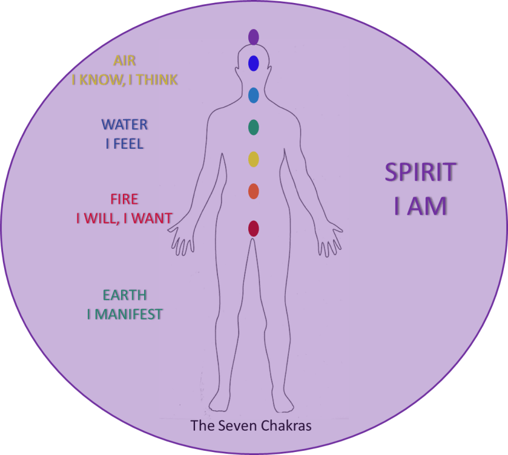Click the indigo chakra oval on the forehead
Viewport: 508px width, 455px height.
(x=254, y=63)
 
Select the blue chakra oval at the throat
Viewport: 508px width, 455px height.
(x=254, y=95)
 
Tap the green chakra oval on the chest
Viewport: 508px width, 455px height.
(x=254, y=127)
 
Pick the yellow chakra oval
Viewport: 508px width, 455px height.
(x=254, y=159)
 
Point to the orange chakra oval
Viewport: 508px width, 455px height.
(x=254, y=191)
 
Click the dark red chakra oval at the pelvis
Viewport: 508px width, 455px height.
(x=254, y=229)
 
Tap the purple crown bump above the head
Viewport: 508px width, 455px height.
(x=254, y=41)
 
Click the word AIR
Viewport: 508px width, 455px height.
(x=124, y=61)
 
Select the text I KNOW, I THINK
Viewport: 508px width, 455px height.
(x=125, y=79)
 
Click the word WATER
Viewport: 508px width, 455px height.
(x=125, y=125)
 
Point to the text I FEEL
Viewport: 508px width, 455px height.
(x=125, y=143)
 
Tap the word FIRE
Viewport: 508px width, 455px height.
(x=125, y=199)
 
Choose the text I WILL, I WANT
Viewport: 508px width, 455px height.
(x=125, y=218)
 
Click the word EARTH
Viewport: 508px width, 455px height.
(x=125, y=295)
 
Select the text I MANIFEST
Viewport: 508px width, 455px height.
(x=125, y=314)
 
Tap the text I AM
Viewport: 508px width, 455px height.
(x=422, y=206)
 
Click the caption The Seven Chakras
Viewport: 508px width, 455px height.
(x=251, y=426)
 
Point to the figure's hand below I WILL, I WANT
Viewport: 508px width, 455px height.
(x=180, y=240)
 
